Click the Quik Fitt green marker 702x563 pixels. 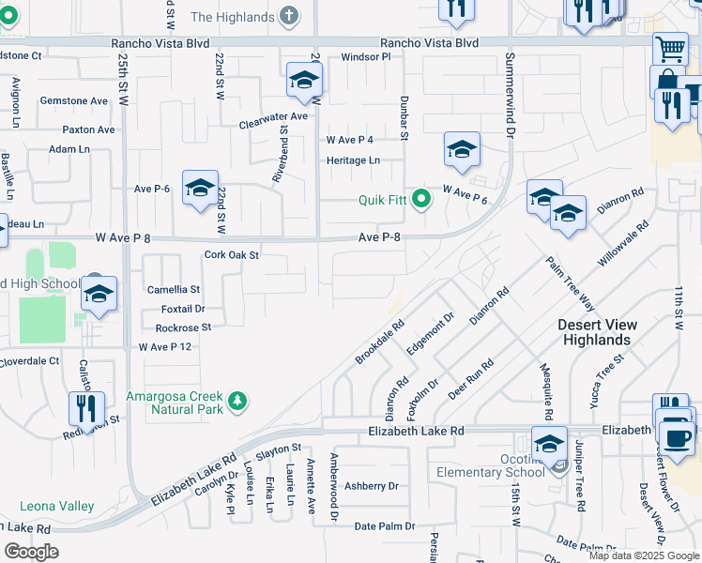tap(422, 199)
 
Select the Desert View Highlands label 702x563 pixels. tap(597, 332)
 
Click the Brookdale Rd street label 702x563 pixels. tap(379, 343)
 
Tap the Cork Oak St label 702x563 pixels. tap(231, 254)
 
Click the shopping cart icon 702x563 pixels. tap(670, 48)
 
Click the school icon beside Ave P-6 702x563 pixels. tap(200, 188)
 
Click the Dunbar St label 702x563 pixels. tap(404, 117)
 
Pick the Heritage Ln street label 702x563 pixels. tap(353, 160)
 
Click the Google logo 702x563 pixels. tap(31, 552)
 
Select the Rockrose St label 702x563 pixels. tap(183, 327)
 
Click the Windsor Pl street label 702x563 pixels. tap(365, 57)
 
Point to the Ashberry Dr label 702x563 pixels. tap(372, 486)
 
